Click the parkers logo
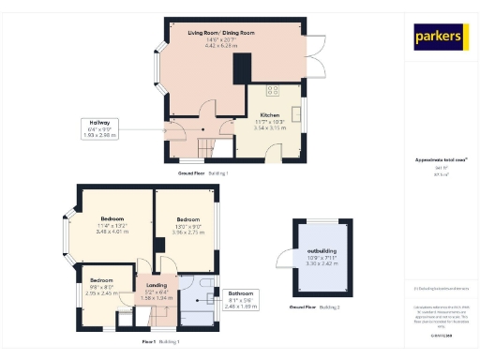pos(439,37)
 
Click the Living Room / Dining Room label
pos(221,37)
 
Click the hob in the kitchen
pos(274,91)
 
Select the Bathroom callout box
pos(240,301)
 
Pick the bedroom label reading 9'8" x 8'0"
pos(101,286)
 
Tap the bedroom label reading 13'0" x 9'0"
pos(187,225)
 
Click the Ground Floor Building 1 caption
pos(203,173)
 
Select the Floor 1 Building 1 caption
pos(160,341)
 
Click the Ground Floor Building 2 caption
pos(314,307)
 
